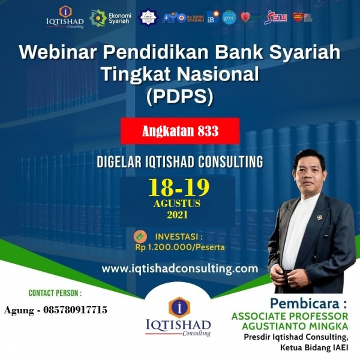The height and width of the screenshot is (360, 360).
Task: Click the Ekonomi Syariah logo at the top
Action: pyautogui.click(x=106, y=18)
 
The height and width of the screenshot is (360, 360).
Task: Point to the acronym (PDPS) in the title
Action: pyautogui.click(x=180, y=96)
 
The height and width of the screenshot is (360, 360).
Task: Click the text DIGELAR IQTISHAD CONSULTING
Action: pyautogui.click(x=180, y=162)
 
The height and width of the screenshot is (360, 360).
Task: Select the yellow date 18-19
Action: pyautogui.click(x=179, y=187)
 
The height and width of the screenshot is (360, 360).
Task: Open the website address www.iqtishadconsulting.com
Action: pyautogui.click(x=180, y=268)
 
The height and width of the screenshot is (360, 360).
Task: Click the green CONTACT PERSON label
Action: pyautogui.click(x=55, y=293)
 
